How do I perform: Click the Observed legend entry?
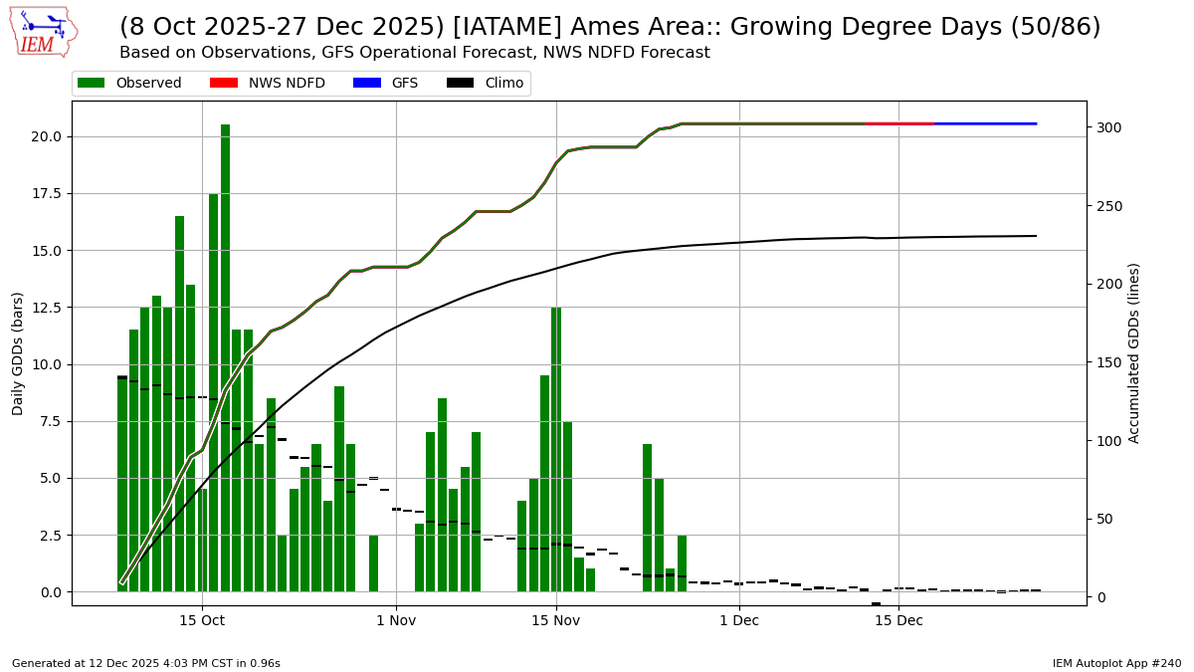click(x=129, y=84)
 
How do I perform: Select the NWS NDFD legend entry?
click(x=268, y=84)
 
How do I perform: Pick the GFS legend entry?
click(x=386, y=84)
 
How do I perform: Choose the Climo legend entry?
click(x=486, y=84)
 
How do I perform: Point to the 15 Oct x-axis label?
click(x=202, y=621)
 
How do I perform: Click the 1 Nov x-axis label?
click(x=396, y=621)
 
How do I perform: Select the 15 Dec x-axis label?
click(x=898, y=621)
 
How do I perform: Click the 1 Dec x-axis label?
click(x=739, y=621)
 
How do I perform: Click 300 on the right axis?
click(x=1108, y=127)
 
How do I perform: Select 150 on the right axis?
click(x=1108, y=362)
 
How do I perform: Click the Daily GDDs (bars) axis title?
click(x=18, y=353)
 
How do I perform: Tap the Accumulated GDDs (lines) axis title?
click(x=1134, y=353)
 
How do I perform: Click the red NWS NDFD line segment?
click(x=900, y=123)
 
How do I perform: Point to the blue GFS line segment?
click(x=985, y=123)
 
